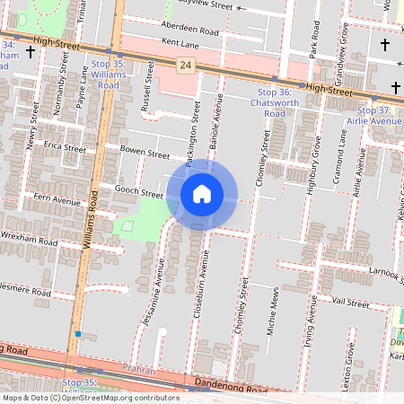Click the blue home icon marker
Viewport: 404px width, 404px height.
tap(202, 193)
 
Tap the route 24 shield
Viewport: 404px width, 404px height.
tap(185, 66)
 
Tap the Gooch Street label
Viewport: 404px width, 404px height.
tap(139, 192)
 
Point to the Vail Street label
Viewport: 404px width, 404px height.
tap(350, 303)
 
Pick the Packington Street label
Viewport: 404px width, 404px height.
tap(193, 135)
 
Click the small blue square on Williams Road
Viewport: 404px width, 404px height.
tap(78, 334)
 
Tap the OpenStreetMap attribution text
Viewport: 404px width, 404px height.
tap(90, 398)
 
